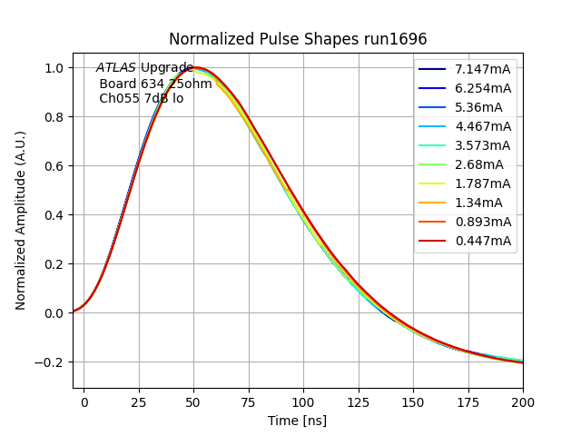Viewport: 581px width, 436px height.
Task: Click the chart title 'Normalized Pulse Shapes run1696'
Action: click(298, 39)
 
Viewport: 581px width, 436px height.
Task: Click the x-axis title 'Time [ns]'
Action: click(297, 421)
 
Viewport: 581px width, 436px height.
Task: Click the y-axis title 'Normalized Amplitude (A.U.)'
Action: click(21, 221)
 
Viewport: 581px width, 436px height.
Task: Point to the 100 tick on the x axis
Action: click(303, 401)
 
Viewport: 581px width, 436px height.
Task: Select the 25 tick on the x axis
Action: click(139, 401)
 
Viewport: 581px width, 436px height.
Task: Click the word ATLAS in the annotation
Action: click(116, 68)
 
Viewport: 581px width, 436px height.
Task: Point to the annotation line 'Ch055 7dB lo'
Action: click(141, 98)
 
